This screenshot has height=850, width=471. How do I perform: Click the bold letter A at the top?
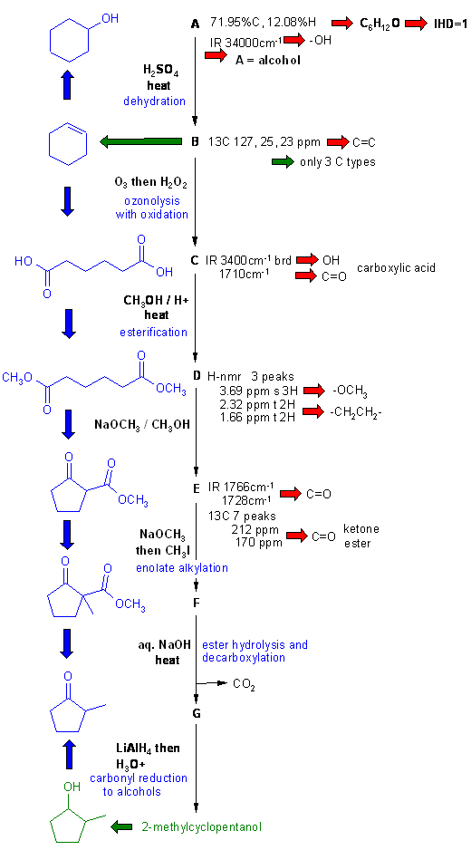196,24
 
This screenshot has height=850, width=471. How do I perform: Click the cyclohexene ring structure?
68,142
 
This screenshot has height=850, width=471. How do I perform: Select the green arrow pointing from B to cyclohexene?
140,142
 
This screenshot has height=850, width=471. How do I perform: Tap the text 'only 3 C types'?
337,161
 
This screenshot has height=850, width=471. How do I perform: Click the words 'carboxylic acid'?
396,268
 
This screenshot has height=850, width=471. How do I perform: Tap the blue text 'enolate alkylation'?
181,568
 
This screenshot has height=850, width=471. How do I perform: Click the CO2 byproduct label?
245,684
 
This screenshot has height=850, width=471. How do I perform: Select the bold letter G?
197,713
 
